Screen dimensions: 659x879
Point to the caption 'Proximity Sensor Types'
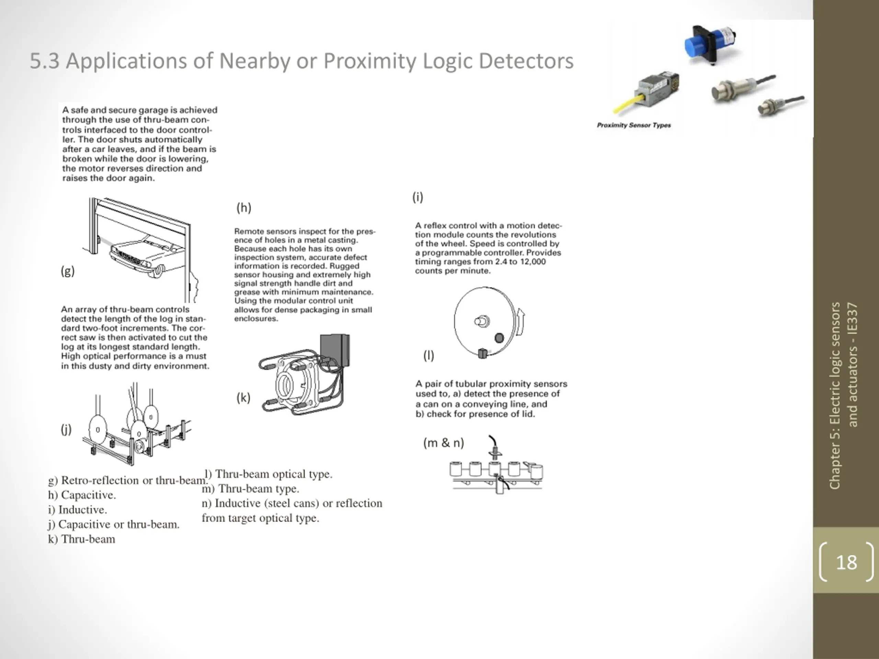(633, 125)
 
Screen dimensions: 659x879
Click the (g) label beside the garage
(68, 271)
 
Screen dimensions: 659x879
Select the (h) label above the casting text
(243, 207)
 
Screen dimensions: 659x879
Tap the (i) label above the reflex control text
(418, 197)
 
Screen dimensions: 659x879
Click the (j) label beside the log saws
(66, 429)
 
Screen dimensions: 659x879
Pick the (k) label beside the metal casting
(243, 397)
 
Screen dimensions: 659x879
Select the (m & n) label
(444, 442)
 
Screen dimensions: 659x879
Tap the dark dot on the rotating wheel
(499, 338)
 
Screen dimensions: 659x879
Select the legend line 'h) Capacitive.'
(82, 495)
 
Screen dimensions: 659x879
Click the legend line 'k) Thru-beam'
(81, 539)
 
